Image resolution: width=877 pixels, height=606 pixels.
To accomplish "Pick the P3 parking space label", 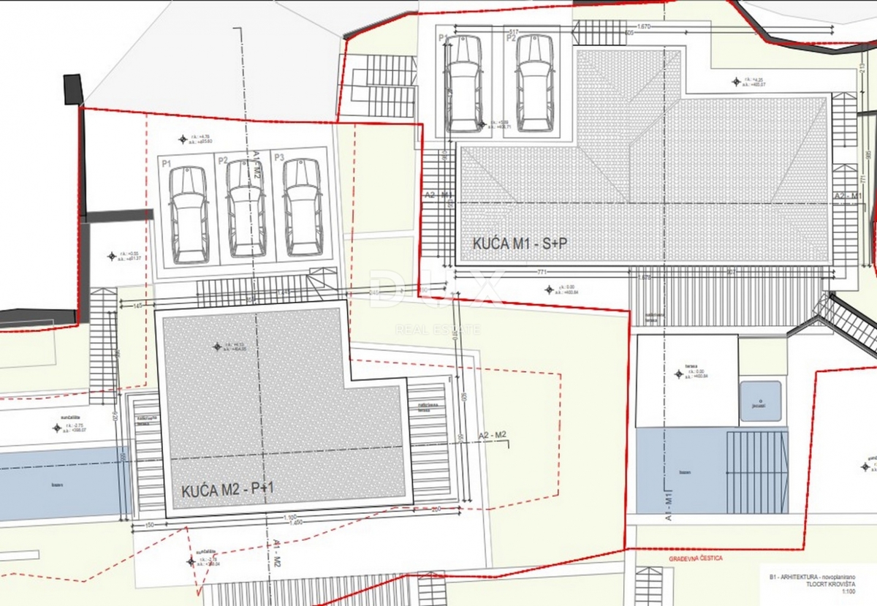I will click(x=278, y=158).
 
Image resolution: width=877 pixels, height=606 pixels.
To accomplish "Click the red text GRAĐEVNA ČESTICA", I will click(x=696, y=558).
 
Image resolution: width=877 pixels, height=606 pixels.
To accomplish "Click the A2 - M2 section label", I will click(x=492, y=435).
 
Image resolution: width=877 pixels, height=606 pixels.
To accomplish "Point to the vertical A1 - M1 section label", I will click(x=668, y=505).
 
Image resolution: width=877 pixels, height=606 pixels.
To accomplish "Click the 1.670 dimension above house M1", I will click(x=644, y=27).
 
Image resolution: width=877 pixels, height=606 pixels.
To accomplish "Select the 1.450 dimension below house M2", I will click(x=296, y=522).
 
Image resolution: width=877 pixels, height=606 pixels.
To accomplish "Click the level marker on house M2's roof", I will click(x=216, y=346).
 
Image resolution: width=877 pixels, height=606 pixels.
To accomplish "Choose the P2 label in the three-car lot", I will click(x=222, y=158).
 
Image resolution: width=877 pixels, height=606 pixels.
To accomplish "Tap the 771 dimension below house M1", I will click(x=543, y=271).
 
